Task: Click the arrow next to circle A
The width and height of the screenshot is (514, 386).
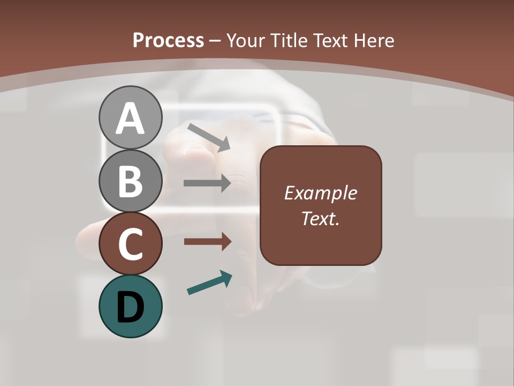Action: pos(209,137)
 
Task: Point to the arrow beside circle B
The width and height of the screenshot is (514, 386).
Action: pos(207,183)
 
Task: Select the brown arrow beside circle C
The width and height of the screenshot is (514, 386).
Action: pos(207,242)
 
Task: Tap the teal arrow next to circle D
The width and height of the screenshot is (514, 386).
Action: pos(209,283)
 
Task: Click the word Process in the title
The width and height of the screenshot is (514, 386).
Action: pos(168,41)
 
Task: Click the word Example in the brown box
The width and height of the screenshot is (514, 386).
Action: pos(320,193)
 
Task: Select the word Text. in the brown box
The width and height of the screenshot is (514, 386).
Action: pos(320,219)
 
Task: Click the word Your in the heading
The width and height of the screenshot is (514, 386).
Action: pos(246,41)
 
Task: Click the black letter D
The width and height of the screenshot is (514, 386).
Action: pos(130,308)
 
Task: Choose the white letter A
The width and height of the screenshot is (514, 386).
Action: pos(130,119)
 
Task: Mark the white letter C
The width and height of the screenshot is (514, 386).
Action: pos(130,244)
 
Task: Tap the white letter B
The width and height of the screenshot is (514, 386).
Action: pos(130,181)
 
